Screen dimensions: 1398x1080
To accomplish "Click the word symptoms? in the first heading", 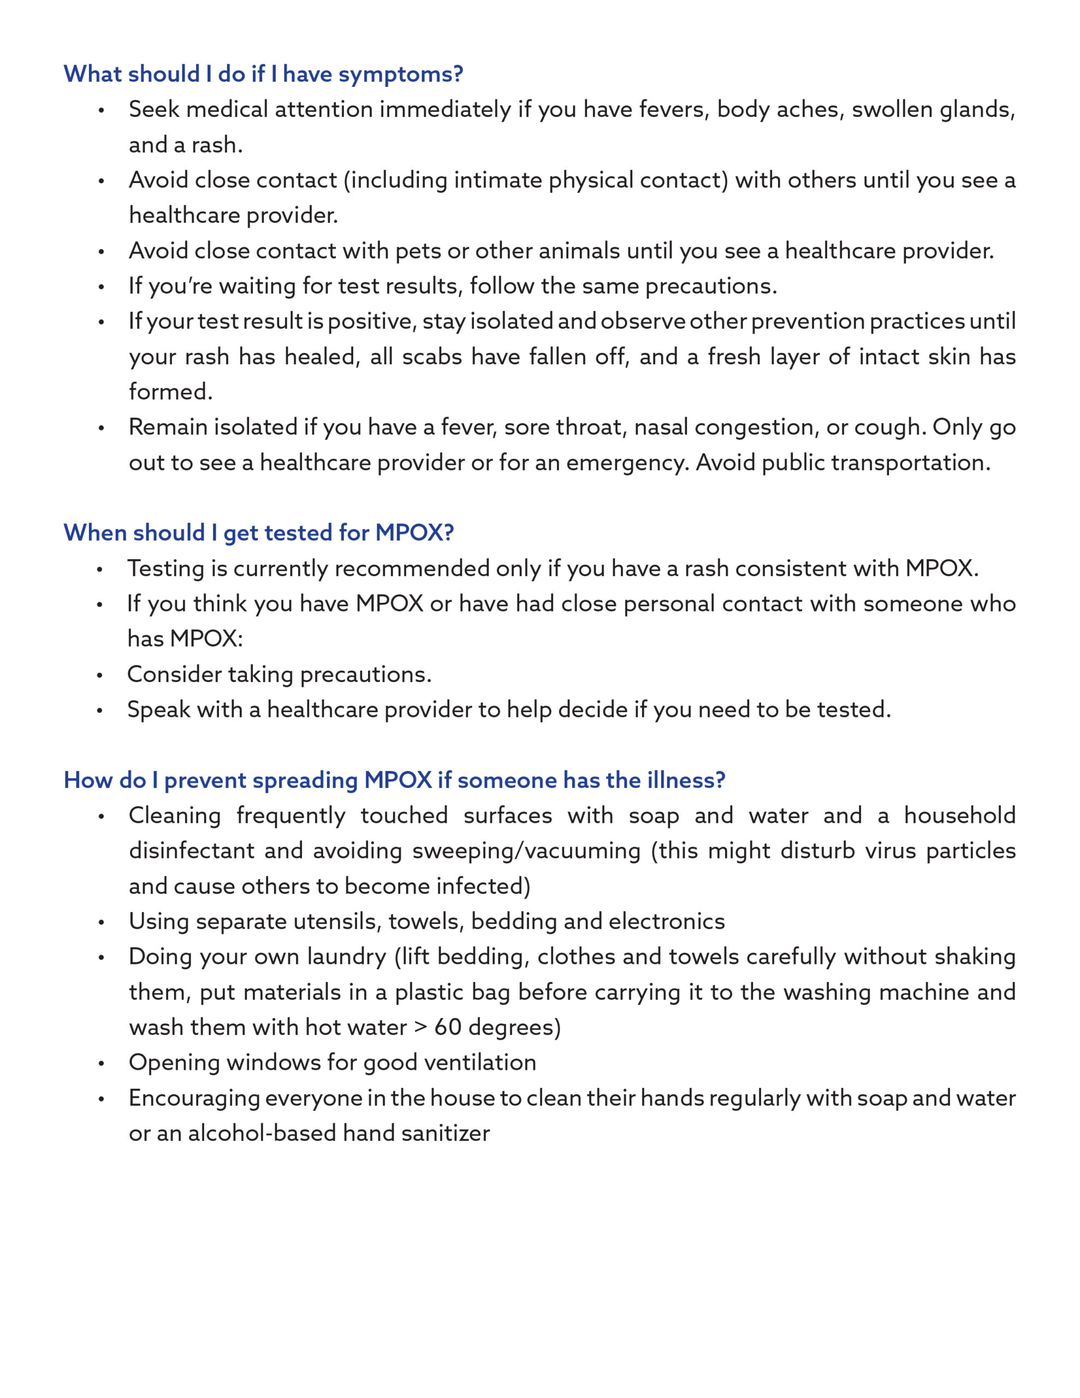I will (400, 75).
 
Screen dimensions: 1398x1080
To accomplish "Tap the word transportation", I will (910, 462).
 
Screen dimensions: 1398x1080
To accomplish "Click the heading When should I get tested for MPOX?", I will (259, 532).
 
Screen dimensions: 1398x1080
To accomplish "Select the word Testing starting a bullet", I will (166, 568).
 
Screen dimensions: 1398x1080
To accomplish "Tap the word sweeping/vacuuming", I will (526, 851).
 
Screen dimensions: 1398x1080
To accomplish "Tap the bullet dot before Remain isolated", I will (101, 428).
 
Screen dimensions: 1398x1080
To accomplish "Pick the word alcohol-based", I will (262, 1133).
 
